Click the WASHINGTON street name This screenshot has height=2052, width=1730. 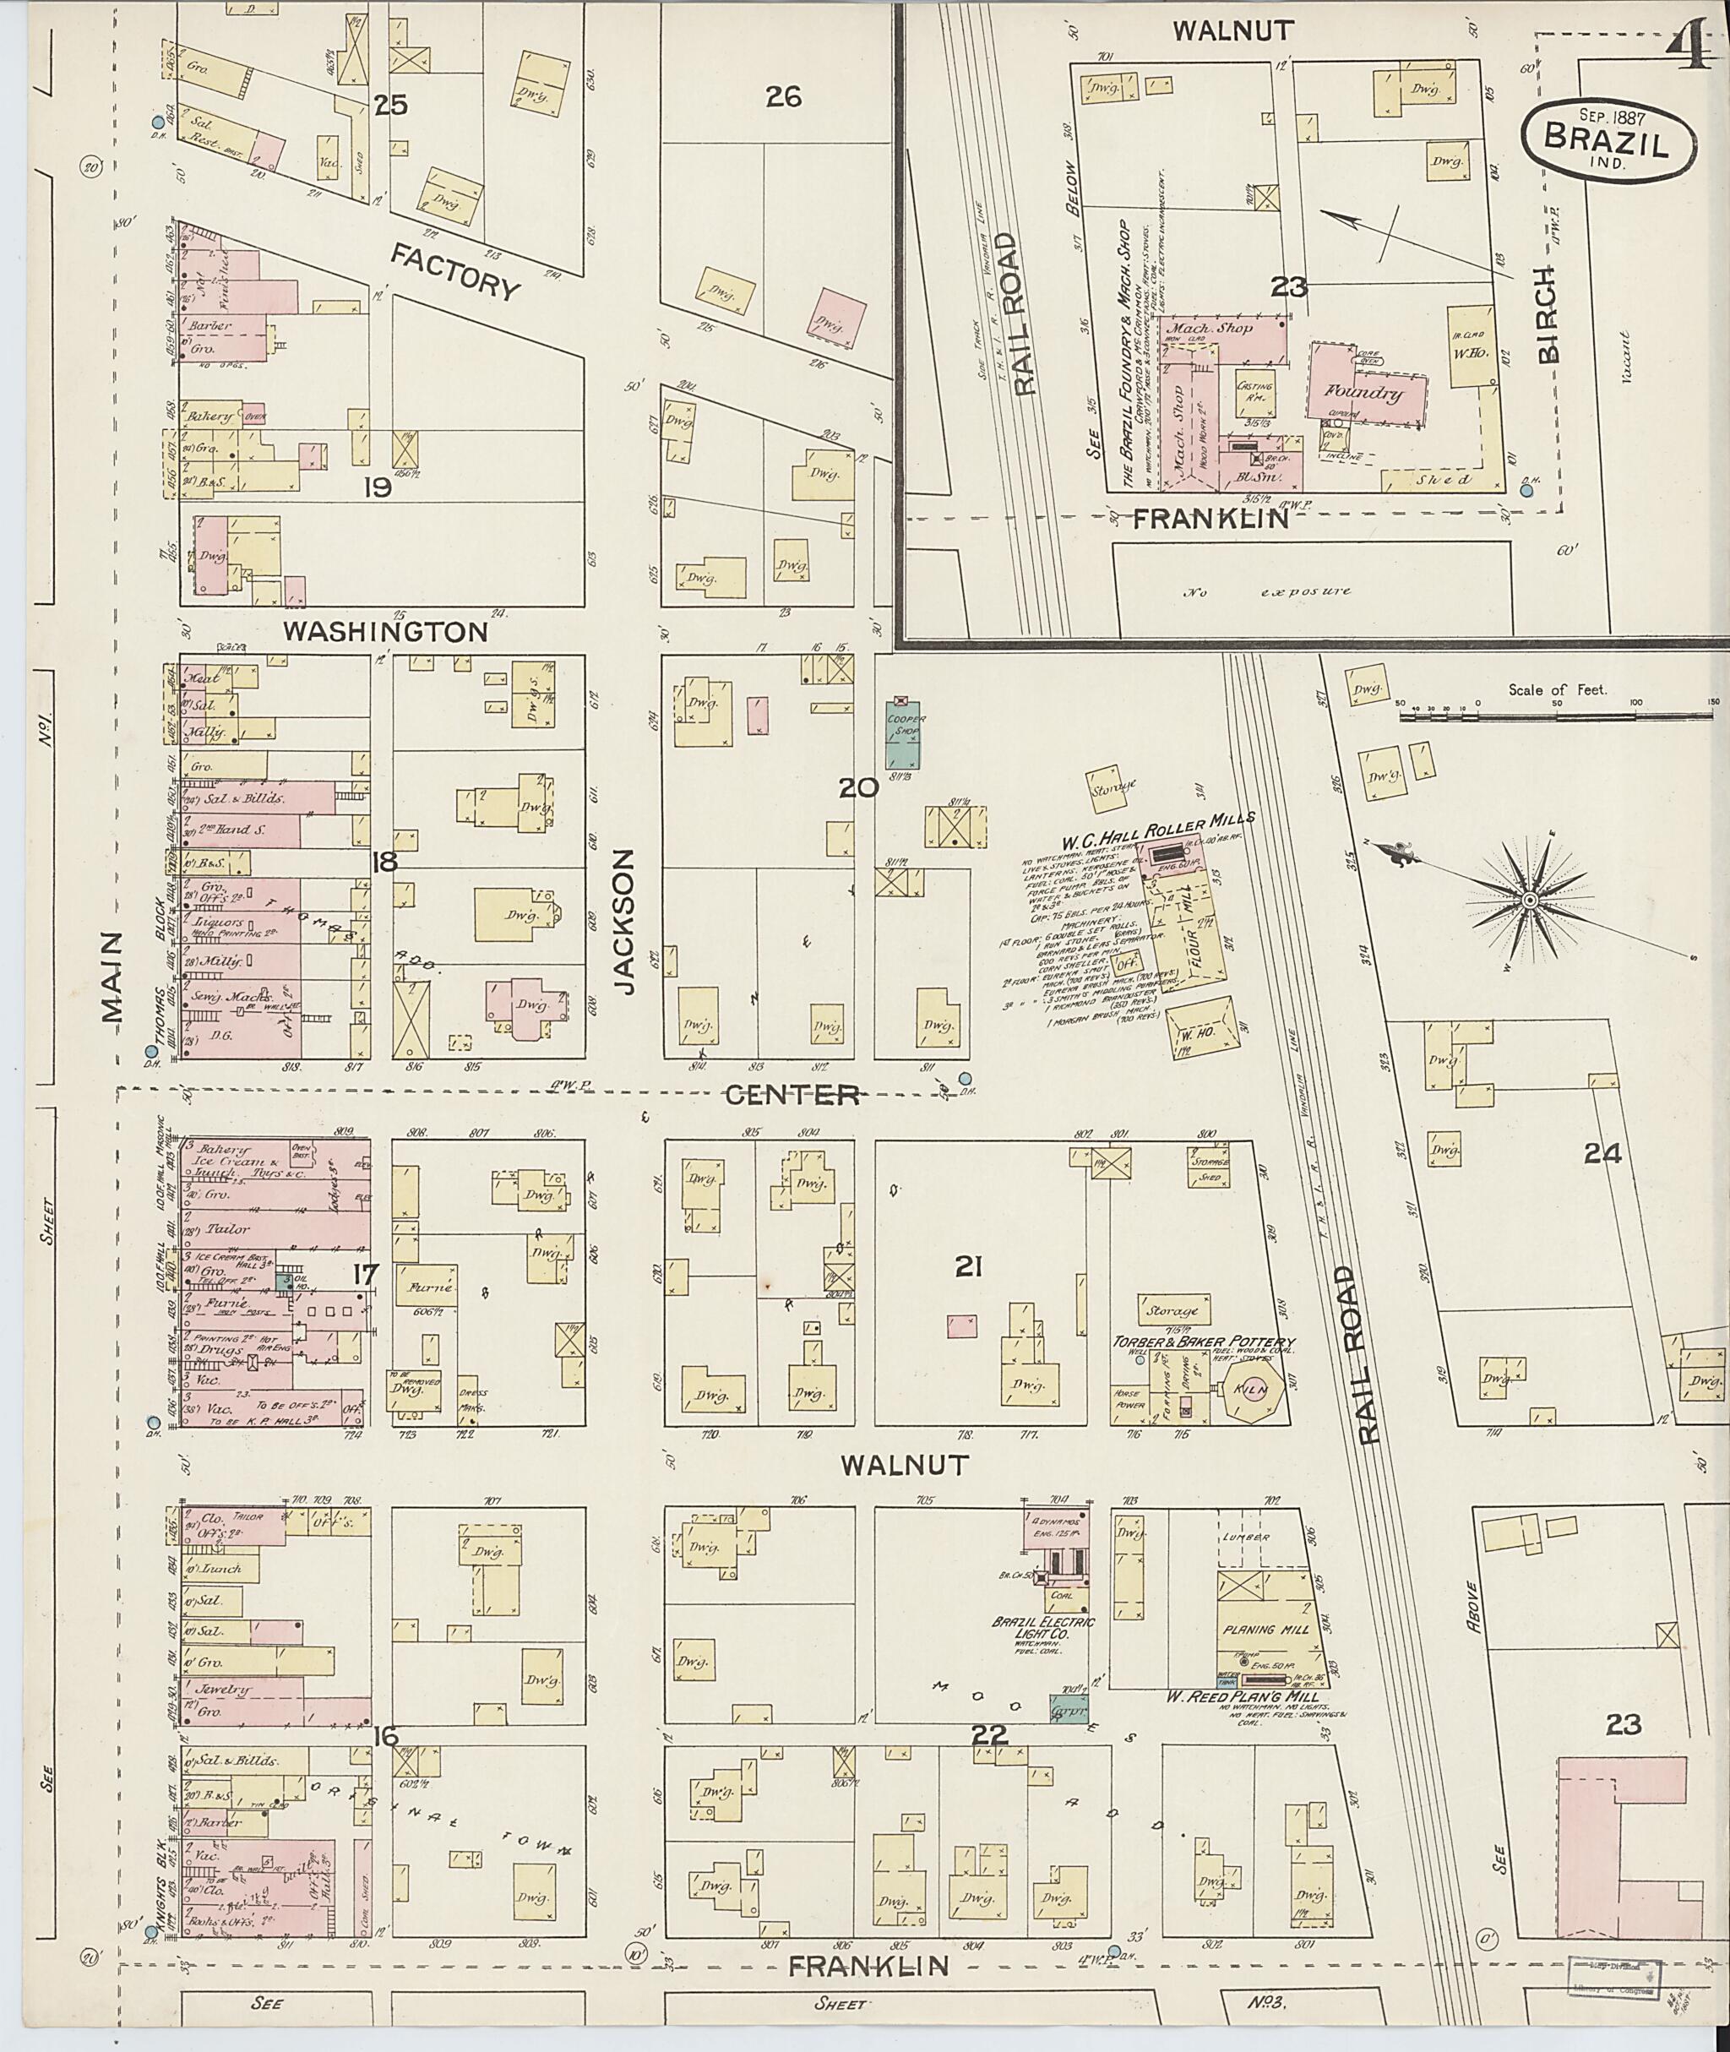point(384,632)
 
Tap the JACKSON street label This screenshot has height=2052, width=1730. point(628,921)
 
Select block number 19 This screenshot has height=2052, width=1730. point(377,487)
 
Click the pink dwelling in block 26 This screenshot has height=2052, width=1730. point(837,317)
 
